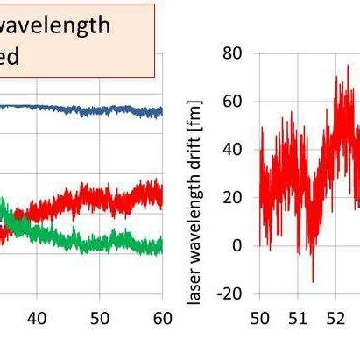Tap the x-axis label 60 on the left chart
coord(162,317)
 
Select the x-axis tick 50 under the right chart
coord(260,317)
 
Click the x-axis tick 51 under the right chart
coord(299,317)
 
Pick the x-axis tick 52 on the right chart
coord(337,317)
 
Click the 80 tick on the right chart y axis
coord(231,53)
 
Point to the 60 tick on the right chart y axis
coord(231,102)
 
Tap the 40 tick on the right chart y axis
coord(231,150)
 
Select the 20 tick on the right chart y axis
coord(231,198)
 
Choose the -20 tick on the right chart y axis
coord(228,293)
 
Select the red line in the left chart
coord(105,197)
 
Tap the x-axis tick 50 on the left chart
coord(100,317)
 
